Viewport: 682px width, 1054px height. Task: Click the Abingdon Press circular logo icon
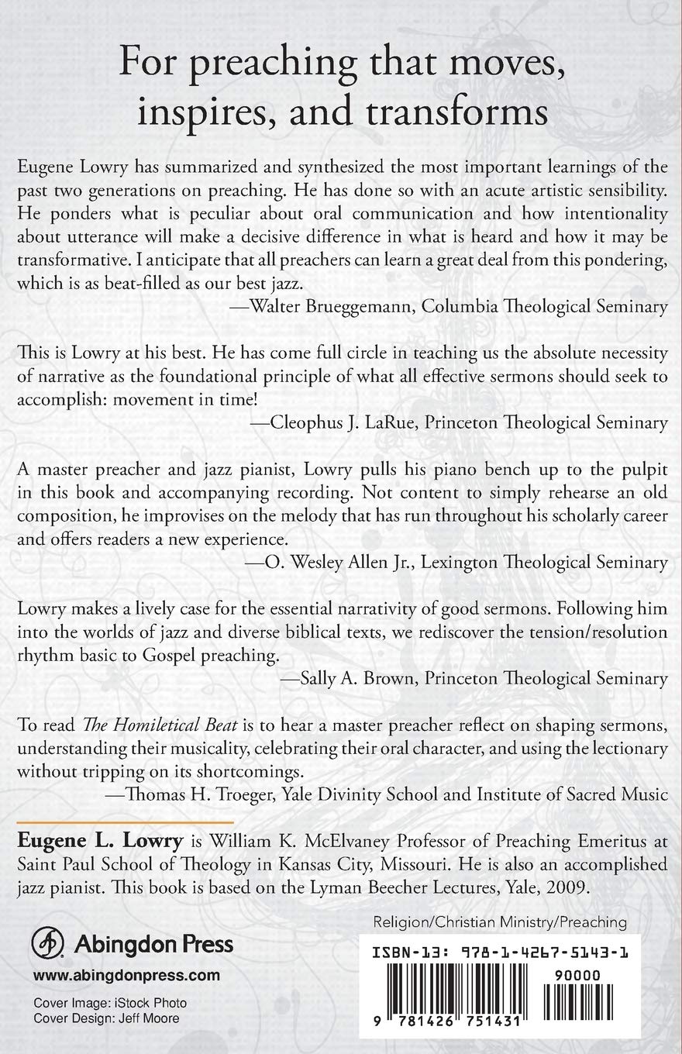pos(48,945)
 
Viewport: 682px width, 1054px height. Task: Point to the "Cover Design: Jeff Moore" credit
pos(106,1018)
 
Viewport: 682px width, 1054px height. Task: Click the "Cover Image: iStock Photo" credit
pos(109,1003)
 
